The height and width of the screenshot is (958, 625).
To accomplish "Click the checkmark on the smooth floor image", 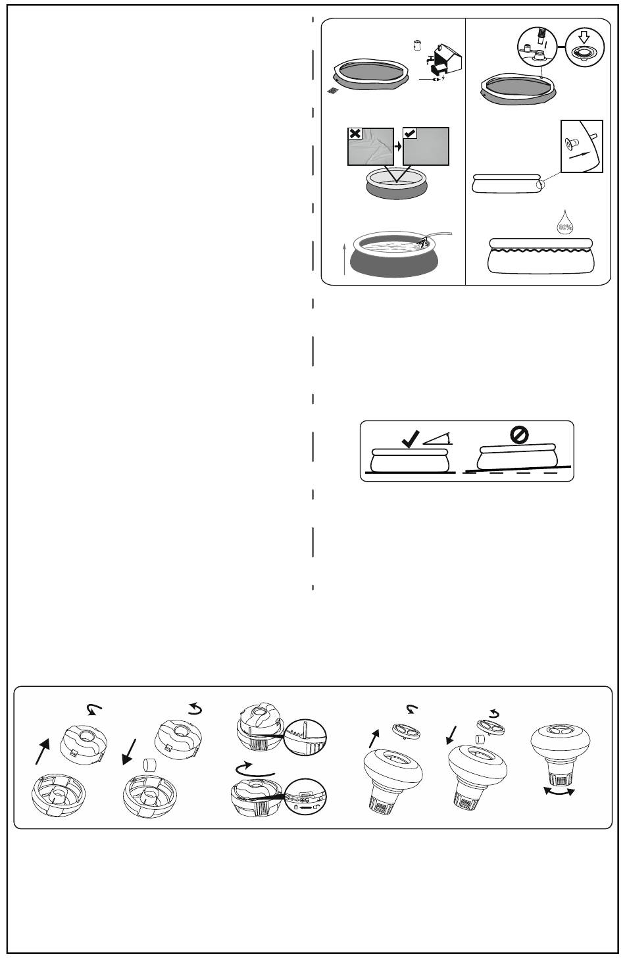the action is (x=410, y=134).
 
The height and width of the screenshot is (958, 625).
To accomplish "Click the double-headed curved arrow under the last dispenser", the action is (x=557, y=792).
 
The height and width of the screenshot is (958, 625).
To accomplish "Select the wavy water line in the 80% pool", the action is (x=541, y=247).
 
